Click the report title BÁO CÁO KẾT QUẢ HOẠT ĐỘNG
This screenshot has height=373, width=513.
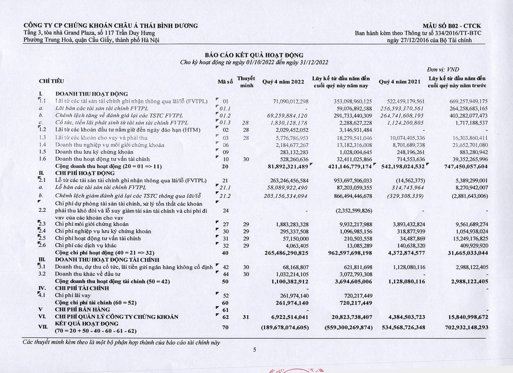tap(254, 55)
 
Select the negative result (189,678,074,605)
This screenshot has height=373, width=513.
tap(285, 328)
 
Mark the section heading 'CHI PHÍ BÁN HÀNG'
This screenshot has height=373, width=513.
tap(83, 309)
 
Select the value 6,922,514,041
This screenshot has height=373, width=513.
tap(290, 317)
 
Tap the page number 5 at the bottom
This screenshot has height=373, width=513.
tap(254, 350)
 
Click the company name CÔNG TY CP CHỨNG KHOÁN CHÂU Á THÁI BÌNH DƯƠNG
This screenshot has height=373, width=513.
tap(111, 26)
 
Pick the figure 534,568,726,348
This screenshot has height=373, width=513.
tap(400, 328)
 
